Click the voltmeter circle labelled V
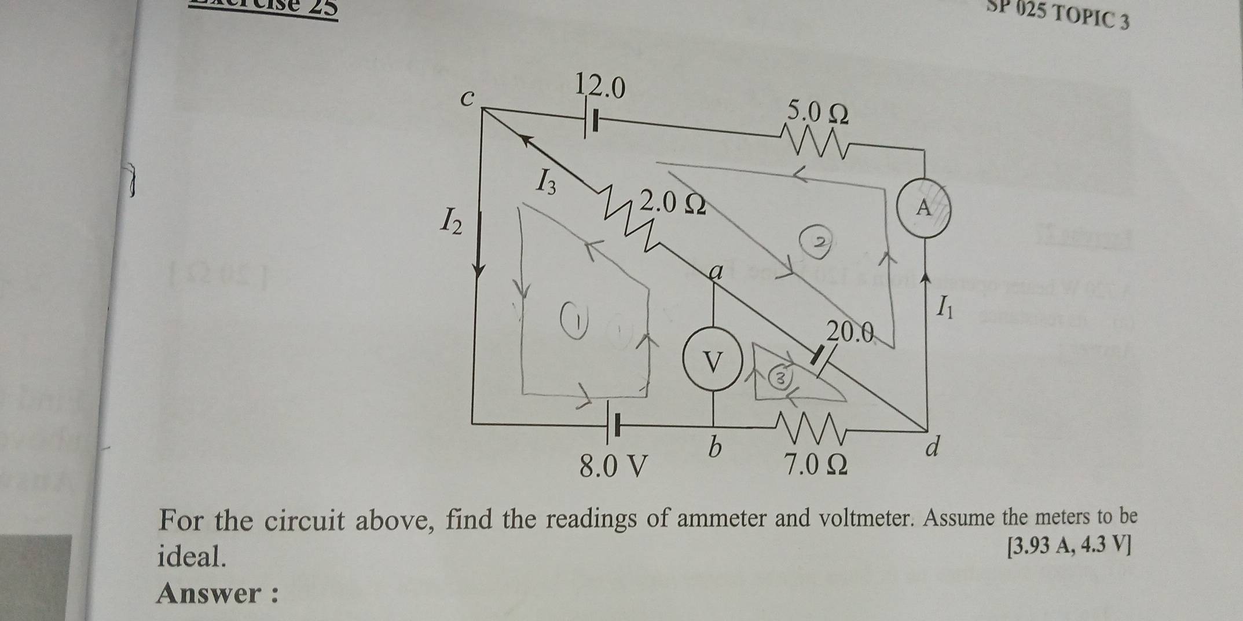point(713,363)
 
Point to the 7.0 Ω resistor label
point(815,464)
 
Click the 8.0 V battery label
point(613,465)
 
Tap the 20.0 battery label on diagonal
point(849,332)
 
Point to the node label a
point(716,272)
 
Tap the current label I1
point(944,306)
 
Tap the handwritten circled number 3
point(780,379)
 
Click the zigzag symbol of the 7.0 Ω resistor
point(811,427)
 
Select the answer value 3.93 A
point(1040,546)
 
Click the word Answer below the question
point(210,593)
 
